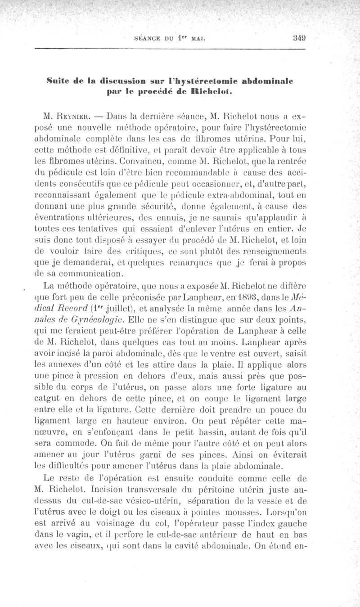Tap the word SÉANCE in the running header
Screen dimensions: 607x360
pos(149,39)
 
